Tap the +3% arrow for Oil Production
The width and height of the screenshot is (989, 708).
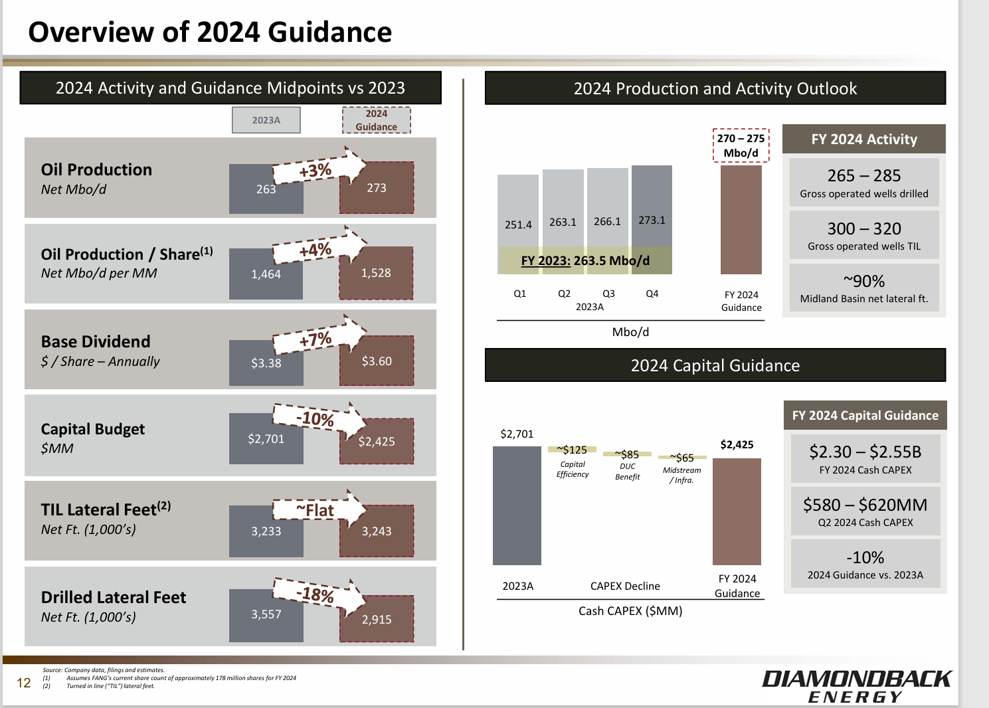point(317,170)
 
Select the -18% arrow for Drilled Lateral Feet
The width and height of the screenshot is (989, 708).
point(317,594)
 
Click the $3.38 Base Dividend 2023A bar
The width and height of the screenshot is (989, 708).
point(266,363)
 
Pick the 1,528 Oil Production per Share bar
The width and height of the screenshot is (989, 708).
point(376,274)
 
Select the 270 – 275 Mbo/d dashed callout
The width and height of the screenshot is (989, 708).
point(741,145)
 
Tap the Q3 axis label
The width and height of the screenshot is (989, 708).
point(608,294)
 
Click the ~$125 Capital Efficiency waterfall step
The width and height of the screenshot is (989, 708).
point(572,450)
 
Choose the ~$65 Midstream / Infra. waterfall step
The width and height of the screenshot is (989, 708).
point(682,458)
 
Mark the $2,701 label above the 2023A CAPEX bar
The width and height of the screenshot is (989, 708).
point(517,434)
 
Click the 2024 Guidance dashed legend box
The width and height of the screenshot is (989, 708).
point(376,120)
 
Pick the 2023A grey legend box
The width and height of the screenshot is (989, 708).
point(266,120)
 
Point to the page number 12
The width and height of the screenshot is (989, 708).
point(24,683)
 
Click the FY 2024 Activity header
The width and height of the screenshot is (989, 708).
point(863,139)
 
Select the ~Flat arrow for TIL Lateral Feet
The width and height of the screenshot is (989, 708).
point(317,510)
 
